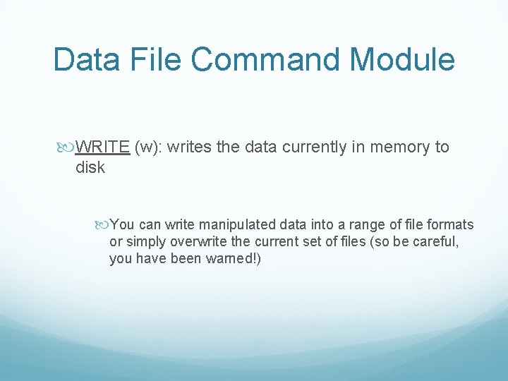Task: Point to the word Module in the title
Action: click(409, 60)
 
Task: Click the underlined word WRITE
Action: click(102, 147)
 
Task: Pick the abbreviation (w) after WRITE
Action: click(148, 147)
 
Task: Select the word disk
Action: click(90, 167)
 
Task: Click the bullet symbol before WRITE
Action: click(67, 147)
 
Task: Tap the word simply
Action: click(145, 242)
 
